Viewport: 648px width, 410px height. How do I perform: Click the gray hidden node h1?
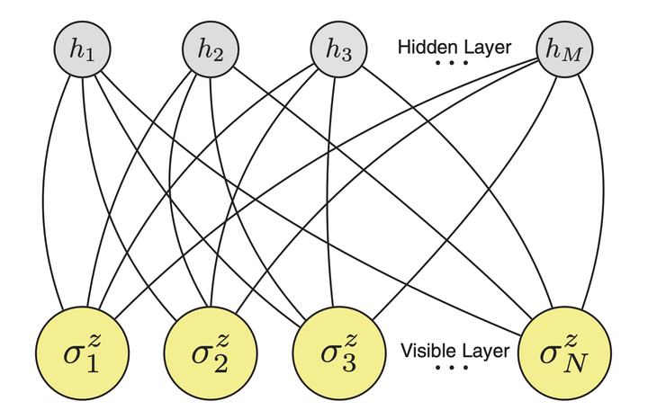[82, 50]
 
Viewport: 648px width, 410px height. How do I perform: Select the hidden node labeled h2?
[210, 50]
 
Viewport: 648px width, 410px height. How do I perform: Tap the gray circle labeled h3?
[337, 50]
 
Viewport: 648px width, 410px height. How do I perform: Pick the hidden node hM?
[562, 50]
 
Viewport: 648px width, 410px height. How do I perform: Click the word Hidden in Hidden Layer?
[425, 47]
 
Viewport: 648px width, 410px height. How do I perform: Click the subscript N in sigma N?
[574, 361]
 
